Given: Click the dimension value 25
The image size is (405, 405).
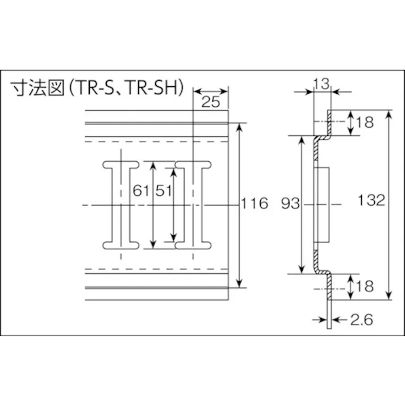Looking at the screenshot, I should click(x=211, y=103).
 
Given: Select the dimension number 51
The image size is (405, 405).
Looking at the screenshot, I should click(x=164, y=191).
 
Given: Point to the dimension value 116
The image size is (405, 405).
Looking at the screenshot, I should click(x=254, y=203).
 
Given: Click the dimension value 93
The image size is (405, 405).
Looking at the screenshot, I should click(x=290, y=203).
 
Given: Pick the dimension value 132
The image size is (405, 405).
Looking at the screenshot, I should click(x=373, y=201).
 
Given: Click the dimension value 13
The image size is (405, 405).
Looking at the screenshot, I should click(x=321, y=84).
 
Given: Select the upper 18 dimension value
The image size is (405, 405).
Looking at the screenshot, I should click(x=366, y=122).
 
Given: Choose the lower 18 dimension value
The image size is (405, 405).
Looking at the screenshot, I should click(x=366, y=286).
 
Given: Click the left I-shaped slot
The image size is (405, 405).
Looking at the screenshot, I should click(x=121, y=204).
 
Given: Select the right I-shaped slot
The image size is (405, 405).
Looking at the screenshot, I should click(x=194, y=204).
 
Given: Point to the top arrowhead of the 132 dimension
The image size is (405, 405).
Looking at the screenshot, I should click(x=389, y=114).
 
